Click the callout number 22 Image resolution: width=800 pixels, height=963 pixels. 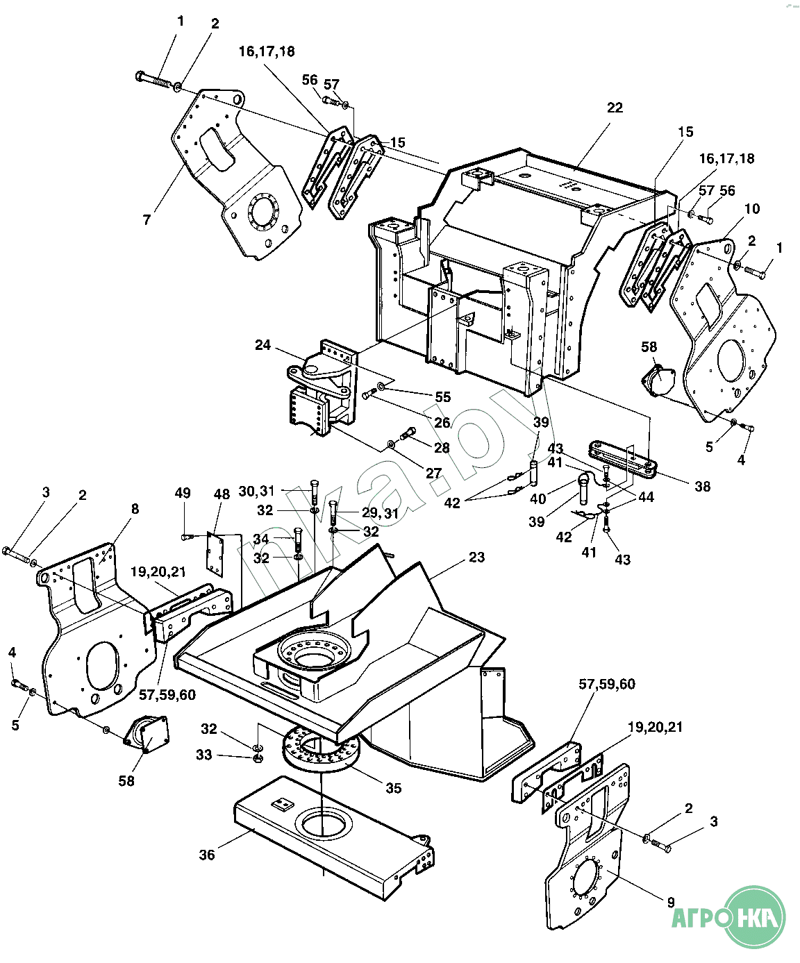(x=615, y=108)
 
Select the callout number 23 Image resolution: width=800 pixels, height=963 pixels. (x=476, y=557)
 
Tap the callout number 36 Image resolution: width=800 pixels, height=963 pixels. (x=207, y=855)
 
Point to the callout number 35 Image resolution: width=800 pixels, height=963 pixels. (x=394, y=788)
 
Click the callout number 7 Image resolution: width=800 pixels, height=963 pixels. (x=147, y=220)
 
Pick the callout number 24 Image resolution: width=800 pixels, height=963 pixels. (x=263, y=345)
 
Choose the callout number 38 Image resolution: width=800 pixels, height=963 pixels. (x=703, y=486)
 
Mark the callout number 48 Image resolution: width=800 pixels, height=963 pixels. (x=222, y=494)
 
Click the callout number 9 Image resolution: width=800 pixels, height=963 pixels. (x=672, y=902)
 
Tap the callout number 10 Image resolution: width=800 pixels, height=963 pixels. (x=752, y=209)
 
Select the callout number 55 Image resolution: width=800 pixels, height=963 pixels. (x=443, y=397)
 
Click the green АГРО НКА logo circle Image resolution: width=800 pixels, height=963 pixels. (x=756, y=917)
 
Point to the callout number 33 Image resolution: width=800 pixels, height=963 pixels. (x=204, y=755)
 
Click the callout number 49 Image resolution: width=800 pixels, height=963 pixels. (x=183, y=493)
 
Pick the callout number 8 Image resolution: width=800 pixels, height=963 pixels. (x=135, y=509)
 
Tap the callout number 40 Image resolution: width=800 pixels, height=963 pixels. (x=538, y=499)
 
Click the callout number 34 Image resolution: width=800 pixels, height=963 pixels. (x=260, y=539)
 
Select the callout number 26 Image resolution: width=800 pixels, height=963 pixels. (x=442, y=422)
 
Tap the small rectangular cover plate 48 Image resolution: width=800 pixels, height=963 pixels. (x=215, y=554)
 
